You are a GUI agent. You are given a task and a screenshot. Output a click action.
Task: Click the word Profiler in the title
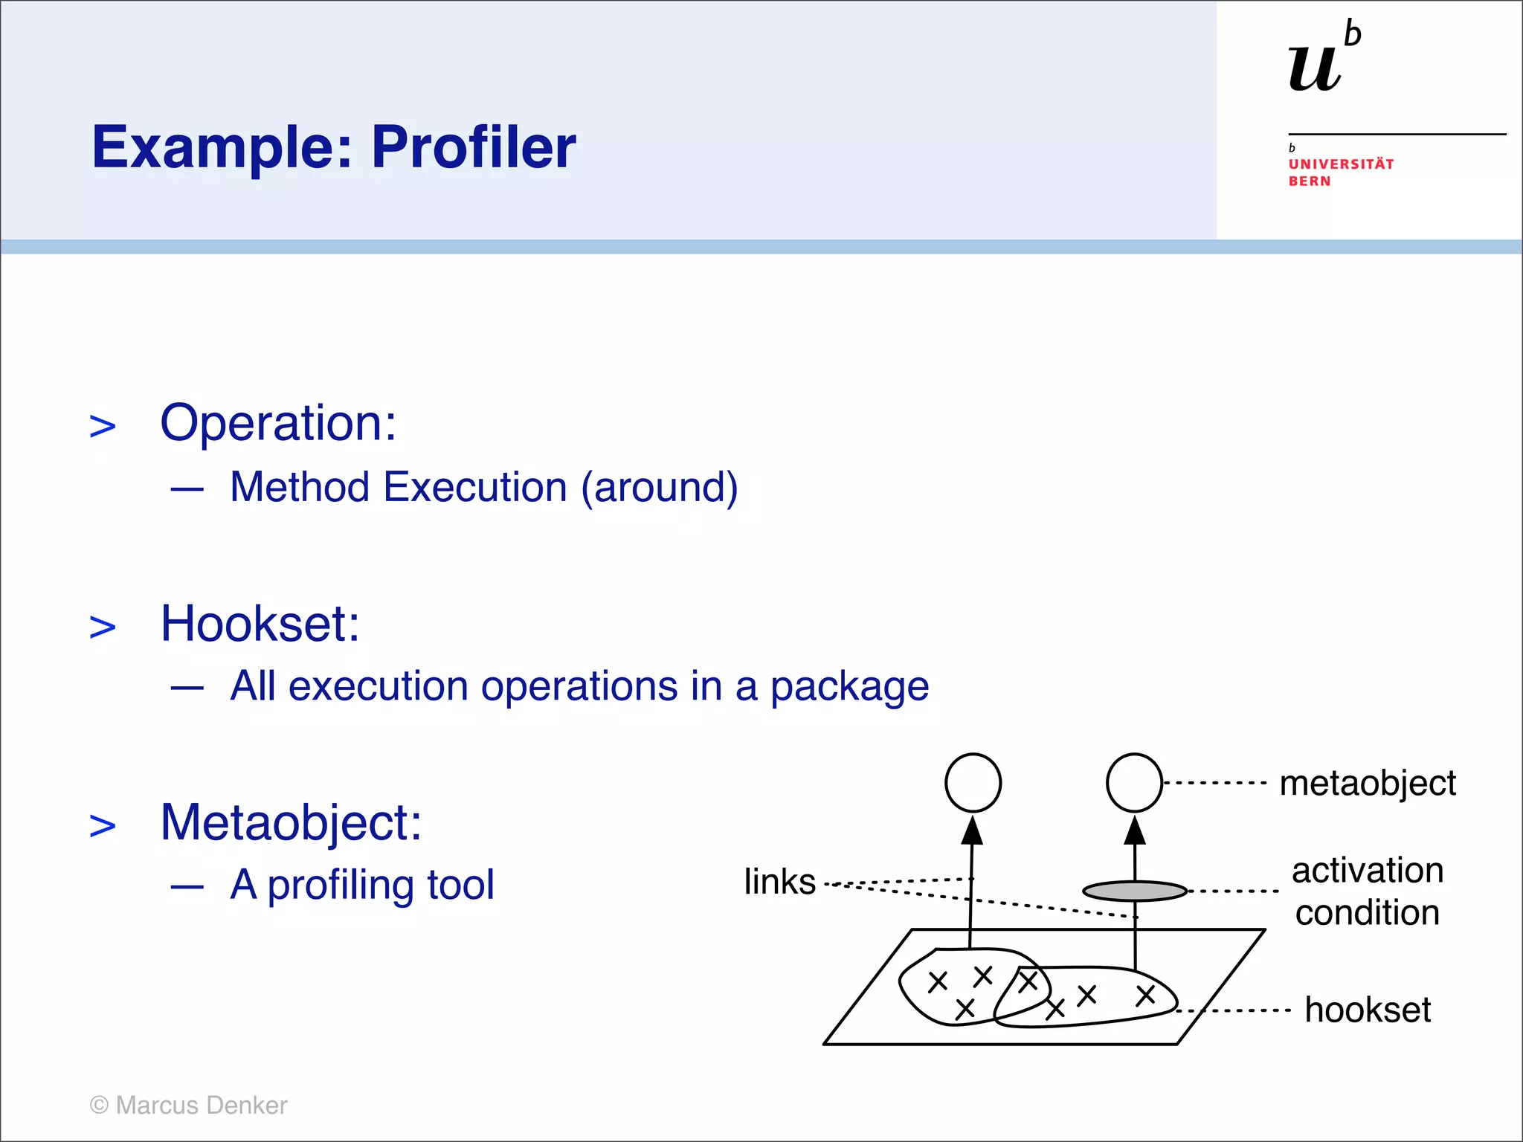coord(473,146)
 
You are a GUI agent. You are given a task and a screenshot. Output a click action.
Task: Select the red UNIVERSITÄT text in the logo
coord(1341,164)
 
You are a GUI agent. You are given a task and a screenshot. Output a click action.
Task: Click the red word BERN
coord(1310,181)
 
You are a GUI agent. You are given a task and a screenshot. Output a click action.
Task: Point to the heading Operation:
coord(278,423)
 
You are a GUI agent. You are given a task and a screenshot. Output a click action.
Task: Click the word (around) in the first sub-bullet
coord(659,488)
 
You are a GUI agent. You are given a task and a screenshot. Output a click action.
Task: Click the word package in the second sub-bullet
coord(849,686)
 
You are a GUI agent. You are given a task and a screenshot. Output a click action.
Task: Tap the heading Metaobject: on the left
coord(291,822)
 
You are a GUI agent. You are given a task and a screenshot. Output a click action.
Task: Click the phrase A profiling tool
coord(361,885)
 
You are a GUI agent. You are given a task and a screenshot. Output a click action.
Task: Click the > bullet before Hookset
coord(103,627)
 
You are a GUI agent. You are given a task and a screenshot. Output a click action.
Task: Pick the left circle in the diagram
coord(973,783)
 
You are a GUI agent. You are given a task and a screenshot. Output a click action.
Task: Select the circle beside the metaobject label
coord(1134,783)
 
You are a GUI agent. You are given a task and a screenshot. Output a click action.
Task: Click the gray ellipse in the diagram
coord(1134,890)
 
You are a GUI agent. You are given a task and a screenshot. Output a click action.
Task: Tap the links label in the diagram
coord(779,882)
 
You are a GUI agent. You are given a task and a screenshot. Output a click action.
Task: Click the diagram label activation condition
coord(1367,891)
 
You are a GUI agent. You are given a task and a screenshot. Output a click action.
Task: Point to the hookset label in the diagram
coord(1367,1010)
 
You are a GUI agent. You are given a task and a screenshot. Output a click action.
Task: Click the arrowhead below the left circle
coord(972,831)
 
